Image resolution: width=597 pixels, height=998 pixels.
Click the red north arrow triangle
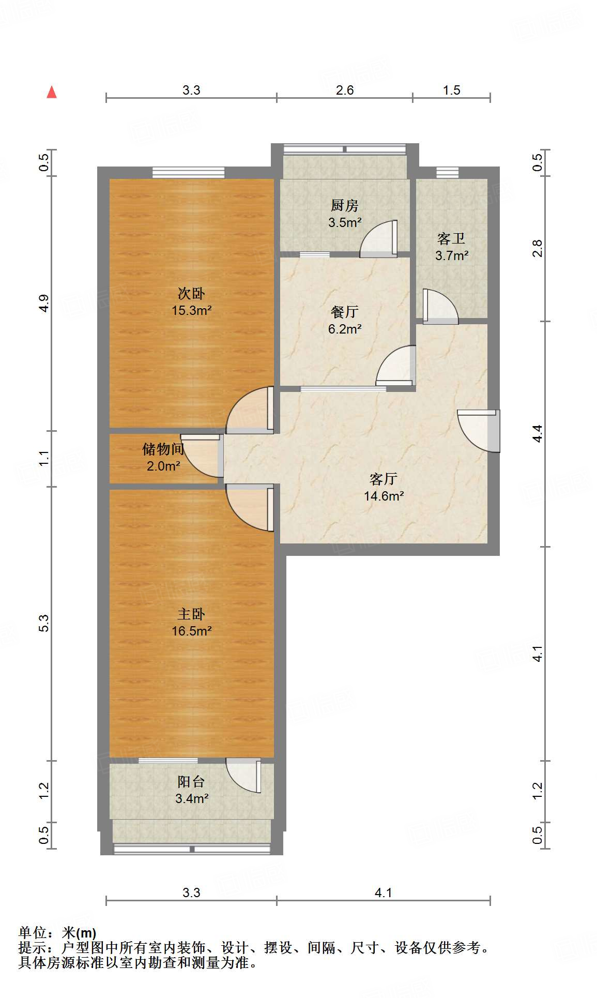(x=52, y=93)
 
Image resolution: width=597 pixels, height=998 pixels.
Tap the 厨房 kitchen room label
(x=344, y=206)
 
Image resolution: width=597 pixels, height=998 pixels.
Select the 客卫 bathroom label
(x=451, y=238)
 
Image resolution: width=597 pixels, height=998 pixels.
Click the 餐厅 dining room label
(x=344, y=312)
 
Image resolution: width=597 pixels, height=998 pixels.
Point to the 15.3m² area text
(x=192, y=311)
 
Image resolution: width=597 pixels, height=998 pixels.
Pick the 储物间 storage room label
(x=163, y=449)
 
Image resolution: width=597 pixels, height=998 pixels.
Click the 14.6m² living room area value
(x=384, y=496)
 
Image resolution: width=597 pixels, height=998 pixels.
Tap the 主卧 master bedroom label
(x=191, y=614)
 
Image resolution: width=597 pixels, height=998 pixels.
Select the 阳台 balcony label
(x=191, y=781)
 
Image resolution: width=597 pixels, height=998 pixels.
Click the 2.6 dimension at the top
(x=345, y=90)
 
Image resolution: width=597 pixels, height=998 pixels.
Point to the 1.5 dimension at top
(x=451, y=90)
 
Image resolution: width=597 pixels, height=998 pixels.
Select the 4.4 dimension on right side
(x=538, y=433)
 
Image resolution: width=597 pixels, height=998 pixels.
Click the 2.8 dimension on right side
(x=538, y=248)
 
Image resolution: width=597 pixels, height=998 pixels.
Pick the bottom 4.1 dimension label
(x=383, y=893)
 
